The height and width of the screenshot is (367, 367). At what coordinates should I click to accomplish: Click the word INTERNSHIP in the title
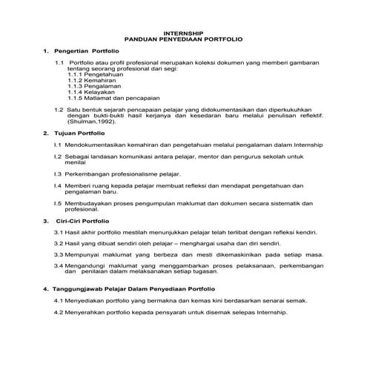(182, 33)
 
